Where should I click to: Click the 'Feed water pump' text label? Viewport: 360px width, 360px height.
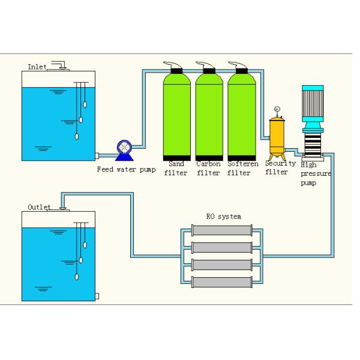pyautogui.click(x=126, y=169)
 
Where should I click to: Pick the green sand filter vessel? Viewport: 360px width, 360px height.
pyautogui.click(x=178, y=114)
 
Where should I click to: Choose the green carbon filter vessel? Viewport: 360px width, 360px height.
pyautogui.click(x=209, y=114)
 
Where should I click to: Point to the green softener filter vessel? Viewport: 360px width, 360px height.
pyautogui.click(x=240, y=114)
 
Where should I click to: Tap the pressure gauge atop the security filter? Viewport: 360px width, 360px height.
pyautogui.click(x=277, y=109)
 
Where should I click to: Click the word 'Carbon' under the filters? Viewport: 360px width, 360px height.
pyautogui.click(x=208, y=163)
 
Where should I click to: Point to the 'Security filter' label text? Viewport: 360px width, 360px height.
pyautogui.click(x=280, y=167)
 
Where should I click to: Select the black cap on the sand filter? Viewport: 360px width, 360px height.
pyautogui.click(x=178, y=70)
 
